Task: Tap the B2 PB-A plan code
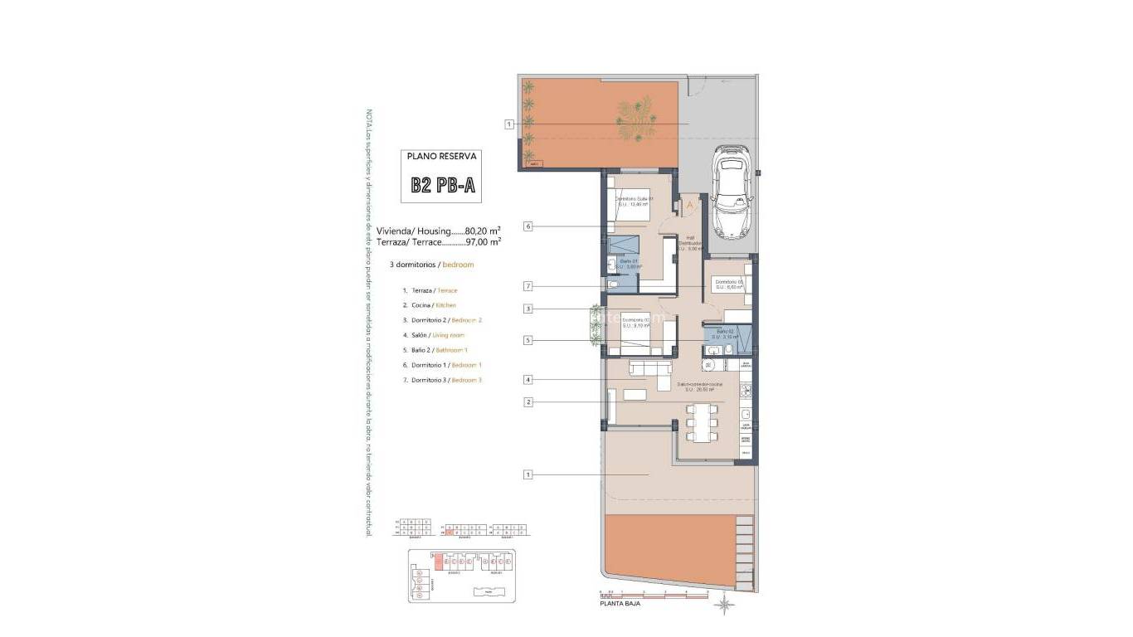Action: (443, 186)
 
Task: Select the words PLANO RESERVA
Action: (443, 156)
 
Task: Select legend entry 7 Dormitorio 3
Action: (441, 380)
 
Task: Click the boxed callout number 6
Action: (528, 226)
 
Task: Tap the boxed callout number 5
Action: (528, 340)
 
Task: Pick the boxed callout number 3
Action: (528, 309)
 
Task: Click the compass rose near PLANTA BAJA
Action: (724, 605)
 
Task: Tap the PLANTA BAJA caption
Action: (620, 605)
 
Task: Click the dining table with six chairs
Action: (702, 422)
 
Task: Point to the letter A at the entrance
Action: (688, 204)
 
